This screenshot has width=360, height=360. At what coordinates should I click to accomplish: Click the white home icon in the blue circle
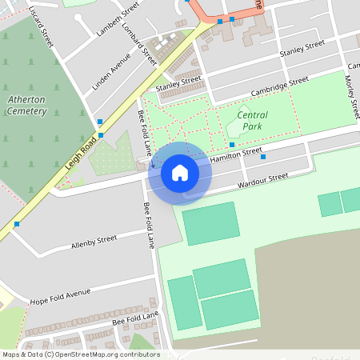click(x=180, y=173)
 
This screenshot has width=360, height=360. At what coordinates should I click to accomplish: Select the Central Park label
click(x=253, y=120)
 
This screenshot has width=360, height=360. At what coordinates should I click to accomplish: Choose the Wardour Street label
click(x=262, y=182)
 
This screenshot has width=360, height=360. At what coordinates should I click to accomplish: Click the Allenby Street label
click(x=94, y=241)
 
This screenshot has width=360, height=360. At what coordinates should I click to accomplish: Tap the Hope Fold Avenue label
click(x=61, y=297)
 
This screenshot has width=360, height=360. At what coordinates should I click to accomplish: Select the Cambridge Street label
click(x=279, y=86)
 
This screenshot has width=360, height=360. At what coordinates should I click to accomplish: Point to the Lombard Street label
click(x=141, y=43)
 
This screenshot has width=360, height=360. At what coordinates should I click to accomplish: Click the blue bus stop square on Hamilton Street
click(x=233, y=145)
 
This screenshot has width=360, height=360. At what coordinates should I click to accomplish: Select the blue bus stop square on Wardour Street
click(x=263, y=158)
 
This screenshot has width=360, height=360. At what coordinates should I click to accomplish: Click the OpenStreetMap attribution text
click(x=80, y=354)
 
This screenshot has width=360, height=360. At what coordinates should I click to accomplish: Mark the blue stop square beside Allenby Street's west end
click(x=16, y=224)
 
